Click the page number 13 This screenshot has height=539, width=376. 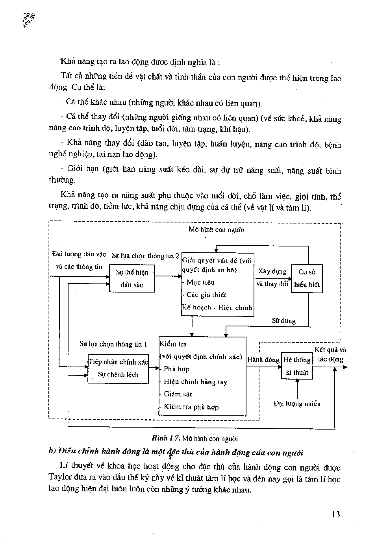click(x=335, y=514)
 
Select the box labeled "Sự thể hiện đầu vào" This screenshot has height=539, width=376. click(x=132, y=278)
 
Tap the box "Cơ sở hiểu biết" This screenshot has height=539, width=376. click(x=307, y=278)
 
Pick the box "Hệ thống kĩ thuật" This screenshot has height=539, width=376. click(x=297, y=366)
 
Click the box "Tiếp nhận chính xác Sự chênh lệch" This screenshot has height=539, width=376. click(x=118, y=368)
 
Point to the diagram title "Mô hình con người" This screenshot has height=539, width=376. click(x=216, y=230)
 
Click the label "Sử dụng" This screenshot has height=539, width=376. click(x=283, y=321)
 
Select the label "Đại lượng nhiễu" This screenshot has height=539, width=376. click(x=297, y=404)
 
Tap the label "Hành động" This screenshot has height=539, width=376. click(x=263, y=359)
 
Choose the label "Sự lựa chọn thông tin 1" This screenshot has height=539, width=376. click(x=113, y=345)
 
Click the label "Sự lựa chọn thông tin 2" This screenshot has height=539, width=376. click(x=145, y=256)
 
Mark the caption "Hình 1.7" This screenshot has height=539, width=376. click(x=165, y=438)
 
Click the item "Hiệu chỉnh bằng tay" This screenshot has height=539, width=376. click(x=195, y=382)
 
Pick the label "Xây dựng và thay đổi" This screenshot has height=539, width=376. click(x=272, y=278)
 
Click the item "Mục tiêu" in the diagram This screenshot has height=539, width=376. click(x=200, y=282)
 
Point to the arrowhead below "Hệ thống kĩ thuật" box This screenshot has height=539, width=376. click(x=297, y=381)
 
